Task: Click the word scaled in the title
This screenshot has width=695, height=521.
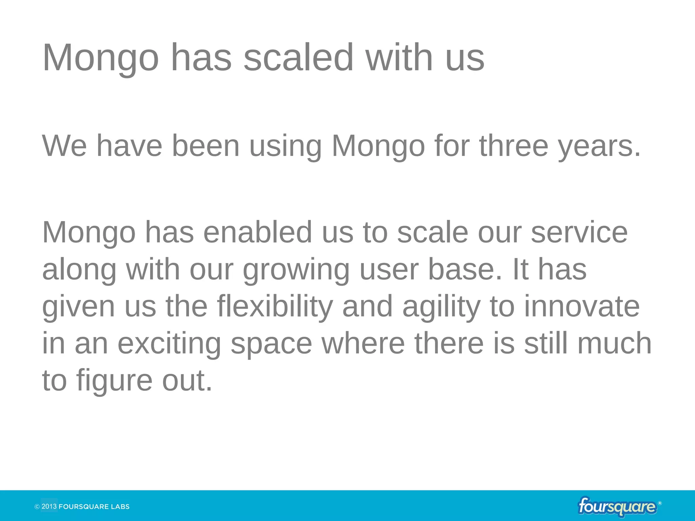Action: click(299, 58)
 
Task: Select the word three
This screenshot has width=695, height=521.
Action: click(514, 146)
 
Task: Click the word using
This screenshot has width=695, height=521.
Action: click(285, 147)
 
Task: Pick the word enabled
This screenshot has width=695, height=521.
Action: click(258, 232)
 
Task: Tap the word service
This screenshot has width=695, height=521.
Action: click(579, 232)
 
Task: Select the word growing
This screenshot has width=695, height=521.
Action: click(296, 270)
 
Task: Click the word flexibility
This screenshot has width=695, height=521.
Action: click(275, 307)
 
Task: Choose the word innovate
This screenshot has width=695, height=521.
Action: click(582, 307)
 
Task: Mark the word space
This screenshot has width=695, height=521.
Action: click(271, 344)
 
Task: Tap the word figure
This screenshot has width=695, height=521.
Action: click(114, 381)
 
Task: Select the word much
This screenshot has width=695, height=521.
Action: click(615, 344)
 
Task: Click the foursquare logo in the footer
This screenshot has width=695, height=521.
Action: click(617, 507)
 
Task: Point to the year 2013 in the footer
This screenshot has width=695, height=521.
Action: click(49, 507)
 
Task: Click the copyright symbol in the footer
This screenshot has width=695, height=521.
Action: click(37, 507)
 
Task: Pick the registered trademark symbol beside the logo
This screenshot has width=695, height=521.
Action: click(660, 503)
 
